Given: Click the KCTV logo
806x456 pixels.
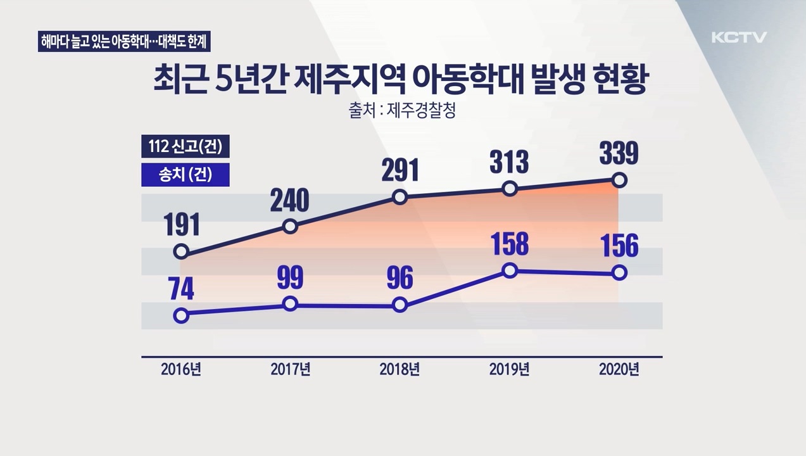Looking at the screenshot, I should (739, 37).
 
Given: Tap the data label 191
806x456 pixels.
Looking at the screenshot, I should (182, 225).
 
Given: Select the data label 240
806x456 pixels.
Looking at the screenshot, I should (289, 200).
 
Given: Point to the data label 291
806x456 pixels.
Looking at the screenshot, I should (400, 171).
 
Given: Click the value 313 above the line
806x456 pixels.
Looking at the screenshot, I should (509, 163).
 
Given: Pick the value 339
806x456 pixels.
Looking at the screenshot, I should (619, 154).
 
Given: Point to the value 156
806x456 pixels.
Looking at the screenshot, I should (619, 246).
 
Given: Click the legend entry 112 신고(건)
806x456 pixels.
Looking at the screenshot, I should (185, 148).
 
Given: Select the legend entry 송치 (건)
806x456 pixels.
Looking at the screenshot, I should (185, 175).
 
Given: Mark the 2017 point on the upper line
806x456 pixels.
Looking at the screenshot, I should (290, 226).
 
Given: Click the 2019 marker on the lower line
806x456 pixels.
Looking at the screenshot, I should (510, 271).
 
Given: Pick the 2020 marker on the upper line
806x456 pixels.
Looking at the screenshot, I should (620, 180).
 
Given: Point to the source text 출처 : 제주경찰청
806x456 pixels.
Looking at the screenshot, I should (402, 111).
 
